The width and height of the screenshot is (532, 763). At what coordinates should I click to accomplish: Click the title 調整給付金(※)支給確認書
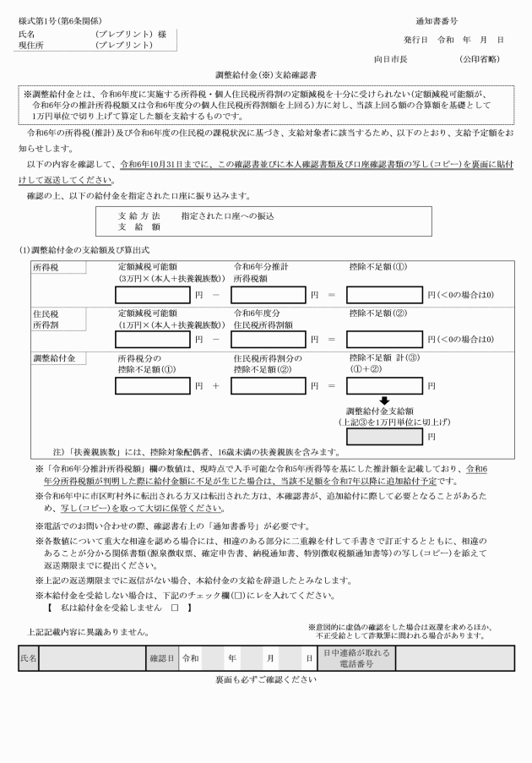(x=265, y=75)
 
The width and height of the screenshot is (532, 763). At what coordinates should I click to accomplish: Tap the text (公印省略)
(x=479, y=59)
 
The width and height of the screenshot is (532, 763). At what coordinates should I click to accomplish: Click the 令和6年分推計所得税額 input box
(x=269, y=294)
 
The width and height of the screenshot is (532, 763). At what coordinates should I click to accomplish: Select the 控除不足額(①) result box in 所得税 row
(x=384, y=294)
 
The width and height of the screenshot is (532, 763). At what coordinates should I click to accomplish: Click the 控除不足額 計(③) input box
(x=384, y=385)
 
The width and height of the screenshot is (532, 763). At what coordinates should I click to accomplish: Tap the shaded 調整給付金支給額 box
(x=384, y=436)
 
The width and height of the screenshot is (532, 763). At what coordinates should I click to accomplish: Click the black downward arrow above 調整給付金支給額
(x=384, y=401)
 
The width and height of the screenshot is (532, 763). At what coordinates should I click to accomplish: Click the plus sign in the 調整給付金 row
(x=215, y=385)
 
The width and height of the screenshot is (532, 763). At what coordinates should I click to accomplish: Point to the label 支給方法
(x=139, y=216)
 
